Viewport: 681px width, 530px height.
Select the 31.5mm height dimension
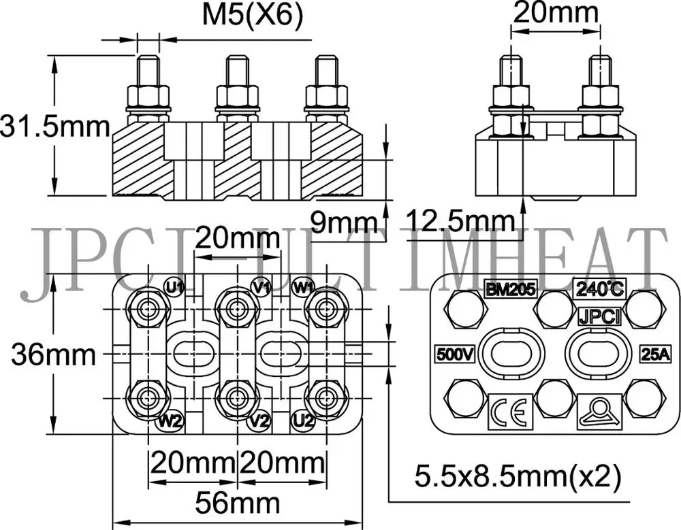click(54, 127)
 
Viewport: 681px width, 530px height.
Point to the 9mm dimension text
click(343, 221)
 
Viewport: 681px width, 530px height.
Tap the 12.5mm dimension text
click(460, 221)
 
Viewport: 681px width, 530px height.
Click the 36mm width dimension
click(53, 354)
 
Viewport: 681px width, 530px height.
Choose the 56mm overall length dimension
click(237, 504)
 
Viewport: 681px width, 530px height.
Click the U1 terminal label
click(175, 286)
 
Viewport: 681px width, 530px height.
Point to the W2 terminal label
click(170, 421)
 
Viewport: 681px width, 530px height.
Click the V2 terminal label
click(259, 421)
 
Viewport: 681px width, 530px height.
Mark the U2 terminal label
click(302, 421)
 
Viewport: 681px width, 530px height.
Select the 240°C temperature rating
click(599, 288)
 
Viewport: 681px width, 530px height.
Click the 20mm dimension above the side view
click(556, 14)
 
